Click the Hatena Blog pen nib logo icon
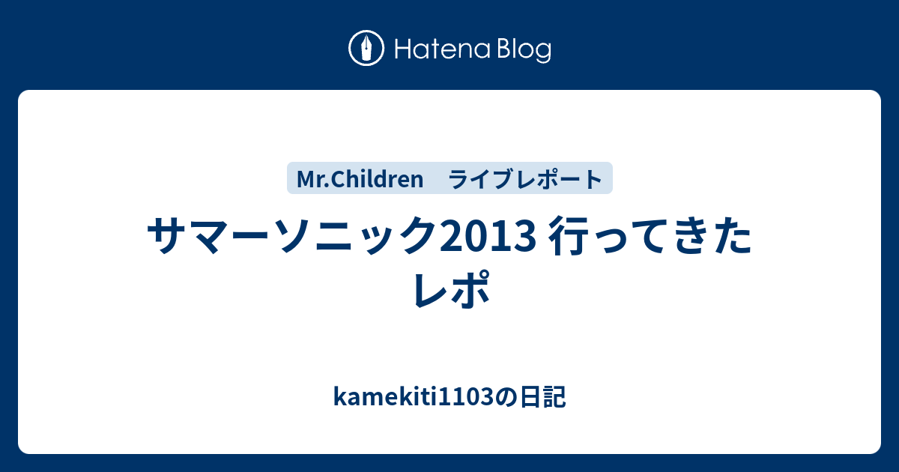click(366, 48)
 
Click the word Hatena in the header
click(443, 49)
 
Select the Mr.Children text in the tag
click(360, 178)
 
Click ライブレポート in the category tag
click(525, 178)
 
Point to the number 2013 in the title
click(488, 236)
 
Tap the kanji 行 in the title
click(566, 235)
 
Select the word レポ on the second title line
click(452, 288)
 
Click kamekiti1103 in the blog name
click(414, 396)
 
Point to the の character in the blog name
click(506, 397)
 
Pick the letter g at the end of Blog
click(544, 53)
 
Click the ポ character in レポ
click(470, 288)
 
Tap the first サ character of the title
click(166, 235)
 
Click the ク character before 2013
click(420, 235)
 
